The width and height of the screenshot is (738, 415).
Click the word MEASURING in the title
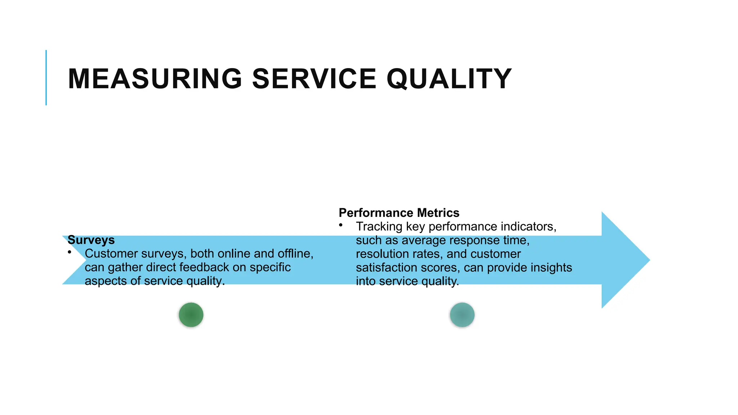[x=155, y=79]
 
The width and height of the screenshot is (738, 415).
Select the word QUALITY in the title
[x=449, y=79]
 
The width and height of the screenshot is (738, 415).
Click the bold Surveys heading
[x=91, y=240]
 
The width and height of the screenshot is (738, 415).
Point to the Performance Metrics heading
[x=399, y=213]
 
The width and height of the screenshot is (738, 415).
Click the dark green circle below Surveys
[x=191, y=315]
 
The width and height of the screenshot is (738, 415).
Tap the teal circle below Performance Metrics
[x=462, y=315]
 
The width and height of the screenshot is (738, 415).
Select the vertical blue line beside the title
[x=46, y=77]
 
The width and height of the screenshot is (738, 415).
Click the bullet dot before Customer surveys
[x=69, y=252]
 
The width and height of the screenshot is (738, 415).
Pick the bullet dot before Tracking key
[x=341, y=225]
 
